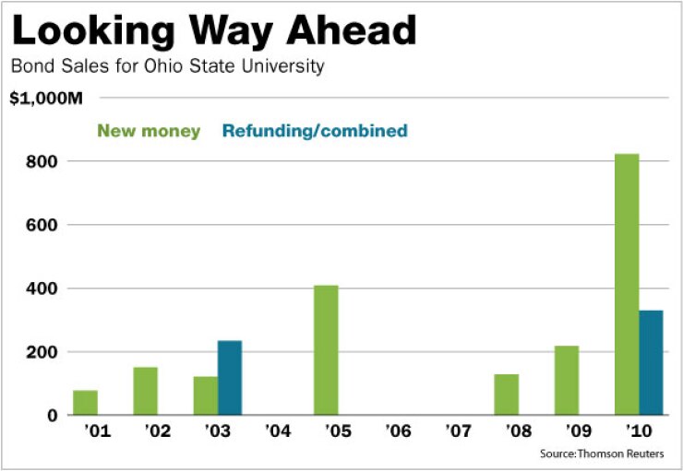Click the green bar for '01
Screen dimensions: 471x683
tap(85, 403)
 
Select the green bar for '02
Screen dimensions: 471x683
tap(145, 391)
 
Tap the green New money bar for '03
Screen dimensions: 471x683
tap(206, 395)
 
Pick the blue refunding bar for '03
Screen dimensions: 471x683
tap(230, 378)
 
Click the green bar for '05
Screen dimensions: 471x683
tap(326, 350)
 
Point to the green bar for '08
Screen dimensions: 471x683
tap(507, 394)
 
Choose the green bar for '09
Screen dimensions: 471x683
tap(567, 381)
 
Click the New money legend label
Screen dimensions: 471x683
tap(149, 131)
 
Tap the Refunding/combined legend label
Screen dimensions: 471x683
tap(314, 131)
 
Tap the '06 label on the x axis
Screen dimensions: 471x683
tap(399, 430)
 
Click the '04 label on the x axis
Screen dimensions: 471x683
tap(278, 430)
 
